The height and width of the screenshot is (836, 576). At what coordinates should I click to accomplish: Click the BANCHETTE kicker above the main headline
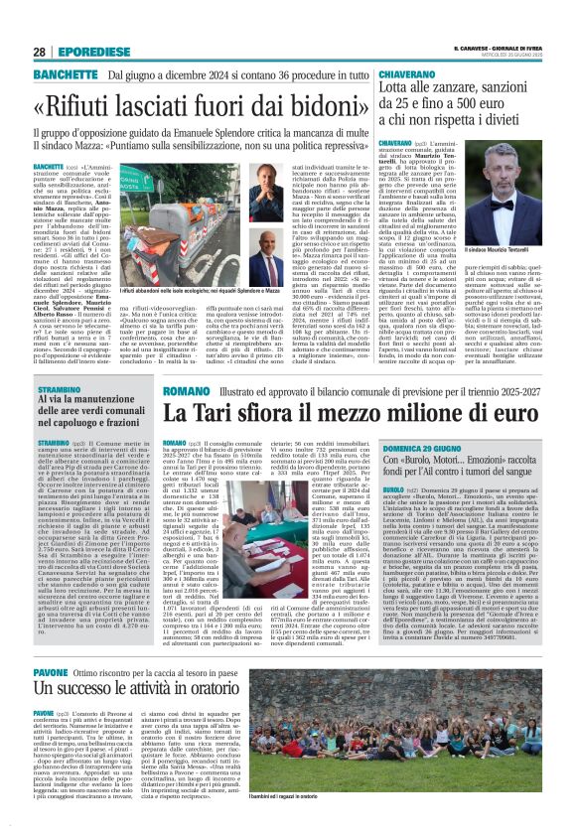64,73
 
